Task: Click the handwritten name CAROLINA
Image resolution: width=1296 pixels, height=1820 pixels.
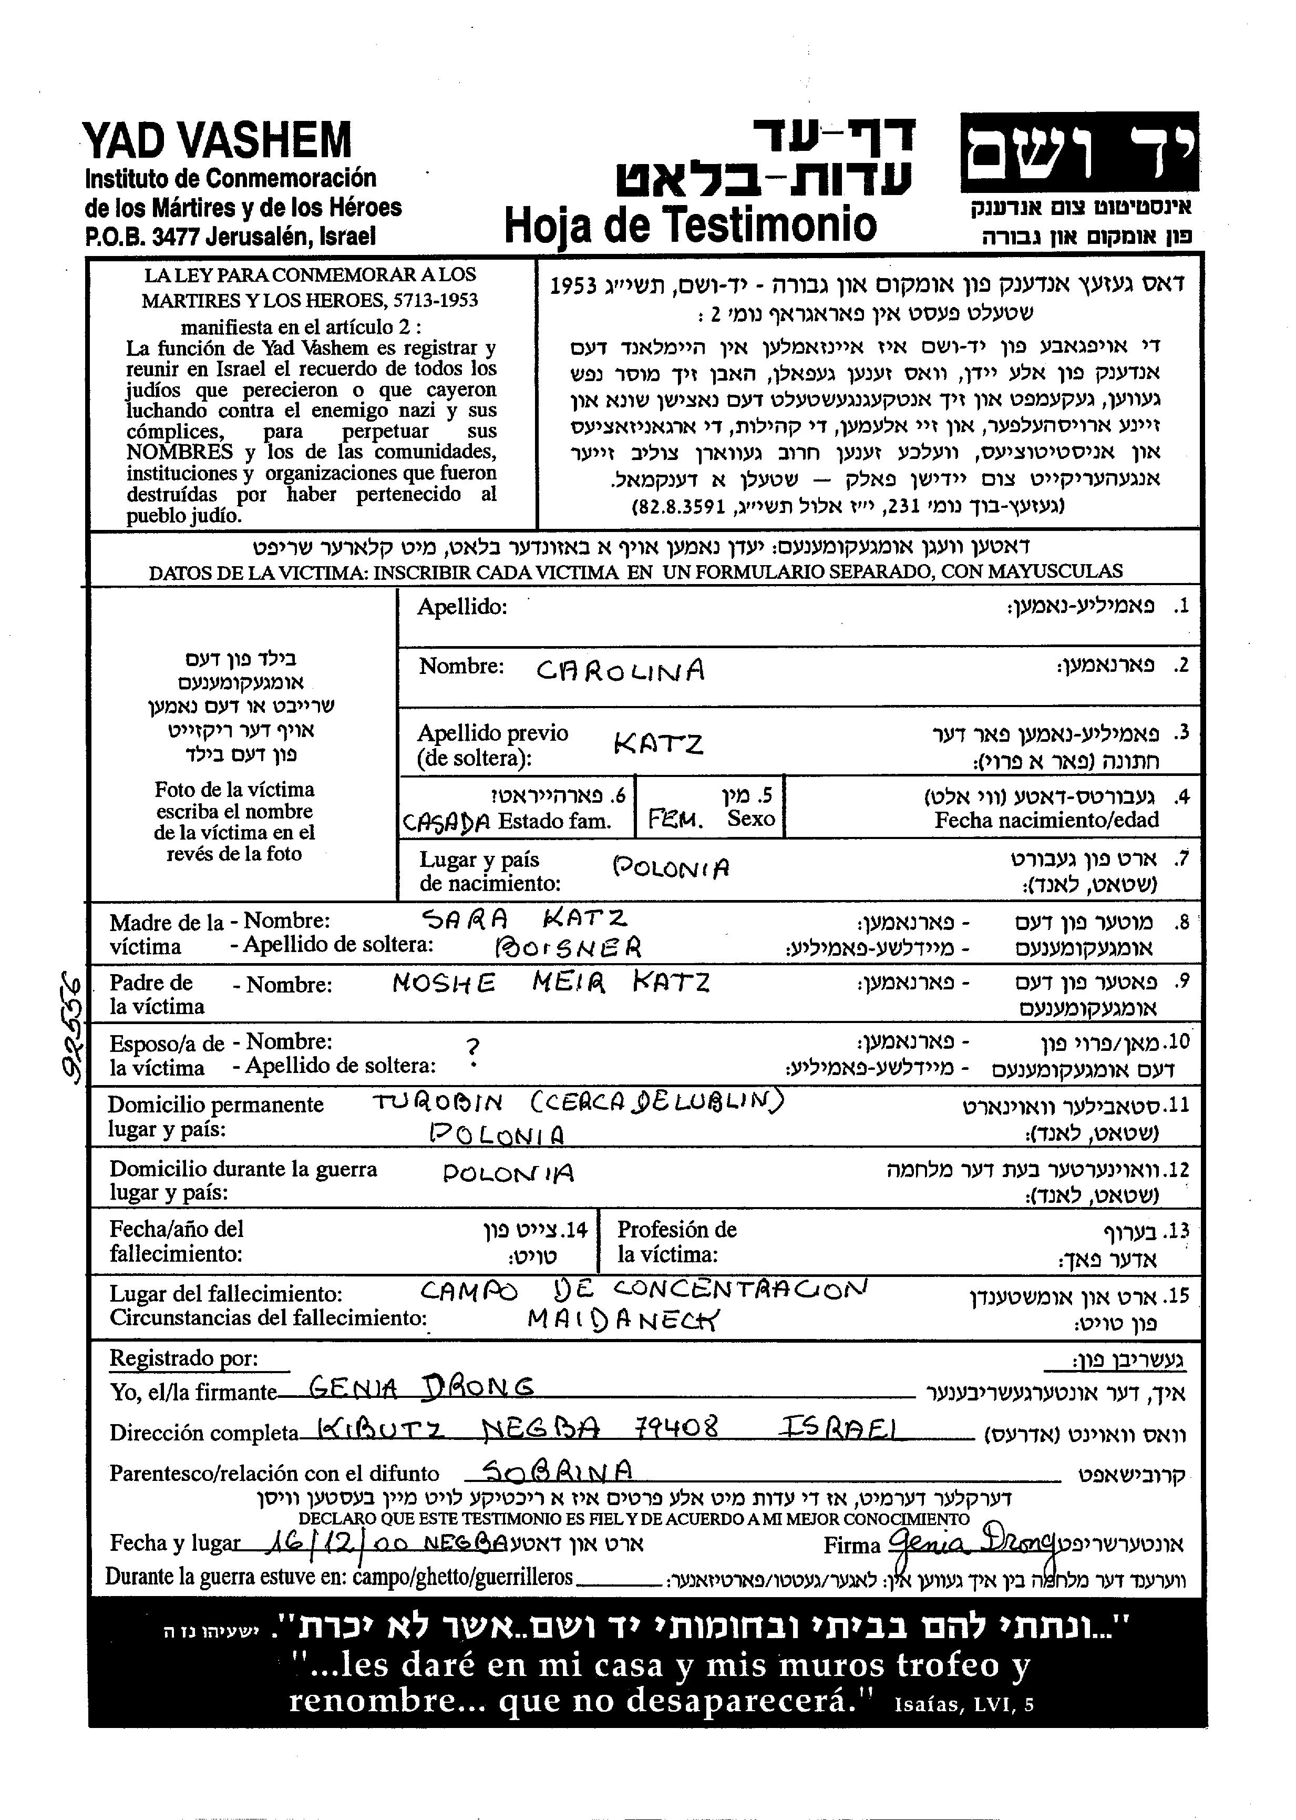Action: click(x=620, y=670)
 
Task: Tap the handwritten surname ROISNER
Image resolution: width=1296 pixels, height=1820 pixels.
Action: click(x=568, y=947)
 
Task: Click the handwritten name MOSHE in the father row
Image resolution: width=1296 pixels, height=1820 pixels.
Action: click(x=444, y=984)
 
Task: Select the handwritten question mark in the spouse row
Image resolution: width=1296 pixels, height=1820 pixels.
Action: click(x=477, y=1047)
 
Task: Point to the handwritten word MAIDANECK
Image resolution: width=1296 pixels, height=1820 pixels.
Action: click(x=622, y=1320)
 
